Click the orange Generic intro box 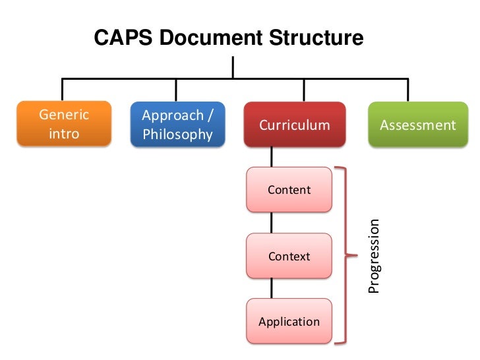[x=64, y=124]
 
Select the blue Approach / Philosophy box [x=177, y=124]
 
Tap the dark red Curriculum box [x=294, y=124]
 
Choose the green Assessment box [x=417, y=124]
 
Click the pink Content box [x=289, y=190]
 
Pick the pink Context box [x=289, y=256]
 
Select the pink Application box [x=289, y=322]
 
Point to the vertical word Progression [x=374, y=256]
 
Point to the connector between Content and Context [x=271, y=223]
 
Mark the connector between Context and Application [x=271, y=289]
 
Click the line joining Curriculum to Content [x=271, y=157]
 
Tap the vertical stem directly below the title [x=233, y=67]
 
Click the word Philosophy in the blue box [x=177, y=135]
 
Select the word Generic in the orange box [x=64, y=114]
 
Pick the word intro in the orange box [x=64, y=134]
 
